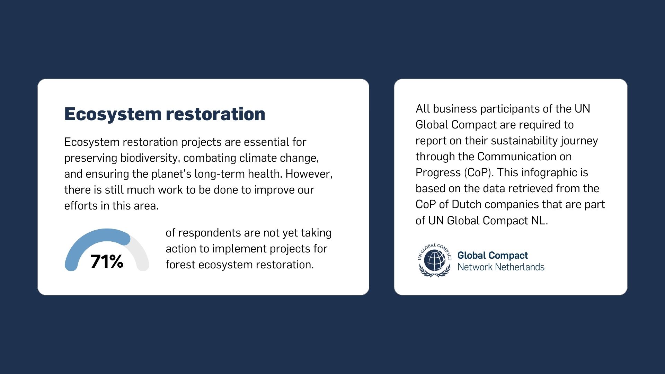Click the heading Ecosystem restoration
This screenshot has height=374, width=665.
[x=165, y=114]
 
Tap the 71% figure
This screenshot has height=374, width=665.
[x=107, y=261]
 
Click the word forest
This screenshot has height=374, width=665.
[x=180, y=265]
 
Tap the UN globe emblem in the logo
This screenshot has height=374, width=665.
[x=435, y=260]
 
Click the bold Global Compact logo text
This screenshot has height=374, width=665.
[x=493, y=256]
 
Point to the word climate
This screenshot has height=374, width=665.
[x=258, y=158]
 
